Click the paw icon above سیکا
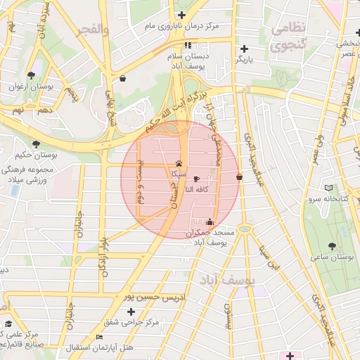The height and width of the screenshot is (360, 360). pyautogui.click(x=176, y=163)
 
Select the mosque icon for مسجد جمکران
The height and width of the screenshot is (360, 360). pyautogui.click(x=210, y=222)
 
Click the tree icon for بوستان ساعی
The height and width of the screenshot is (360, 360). pyautogui.click(x=332, y=246)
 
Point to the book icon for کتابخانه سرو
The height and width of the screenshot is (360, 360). pyautogui.click(x=330, y=188)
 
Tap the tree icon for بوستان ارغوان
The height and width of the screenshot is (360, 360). pyautogui.click(x=31, y=75)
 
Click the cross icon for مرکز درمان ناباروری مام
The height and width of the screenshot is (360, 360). pyautogui.click(x=181, y=15)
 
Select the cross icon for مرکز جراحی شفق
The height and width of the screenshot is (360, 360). pyautogui.click(x=131, y=311)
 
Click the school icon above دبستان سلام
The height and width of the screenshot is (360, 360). pyautogui.click(x=187, y=46)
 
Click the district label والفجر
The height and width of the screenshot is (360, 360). pyautogui.click(x=94, y=30)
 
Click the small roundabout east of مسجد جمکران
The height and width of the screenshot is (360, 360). pyautogui.click(x=244, y=229)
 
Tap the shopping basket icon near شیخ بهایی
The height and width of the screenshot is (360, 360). pyautogui.click(x=124, y=79)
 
